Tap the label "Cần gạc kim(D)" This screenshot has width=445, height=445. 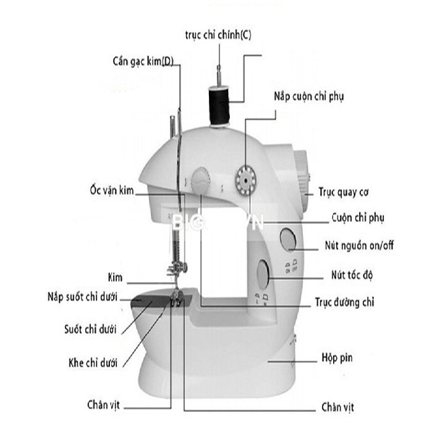(x=143, y=61)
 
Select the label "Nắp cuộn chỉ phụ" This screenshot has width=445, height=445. (x=308, y=97)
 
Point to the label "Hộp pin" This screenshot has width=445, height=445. (x=337, y=357)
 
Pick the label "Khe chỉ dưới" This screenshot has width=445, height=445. (x=93, y=362)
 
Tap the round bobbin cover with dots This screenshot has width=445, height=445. (x=245, y=180)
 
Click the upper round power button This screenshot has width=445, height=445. (x=289, y=239)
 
